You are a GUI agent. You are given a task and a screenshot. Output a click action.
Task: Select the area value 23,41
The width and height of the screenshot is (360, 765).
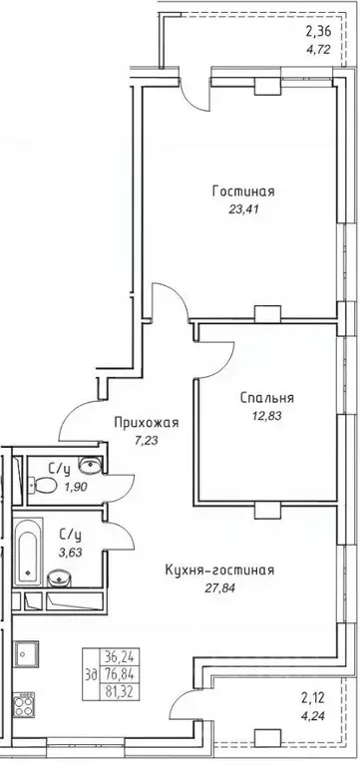point(242,208)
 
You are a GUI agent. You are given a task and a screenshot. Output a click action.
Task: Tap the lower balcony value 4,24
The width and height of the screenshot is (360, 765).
point(316,713)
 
